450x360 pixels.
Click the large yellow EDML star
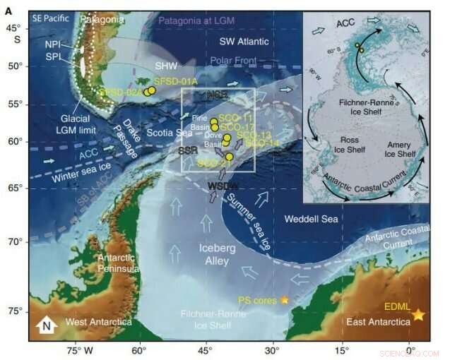[x=418, y=314]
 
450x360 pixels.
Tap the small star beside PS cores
[x=285, y=300]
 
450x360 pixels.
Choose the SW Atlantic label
[x=244, y=42]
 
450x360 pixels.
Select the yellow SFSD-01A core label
[x=176, y=82]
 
